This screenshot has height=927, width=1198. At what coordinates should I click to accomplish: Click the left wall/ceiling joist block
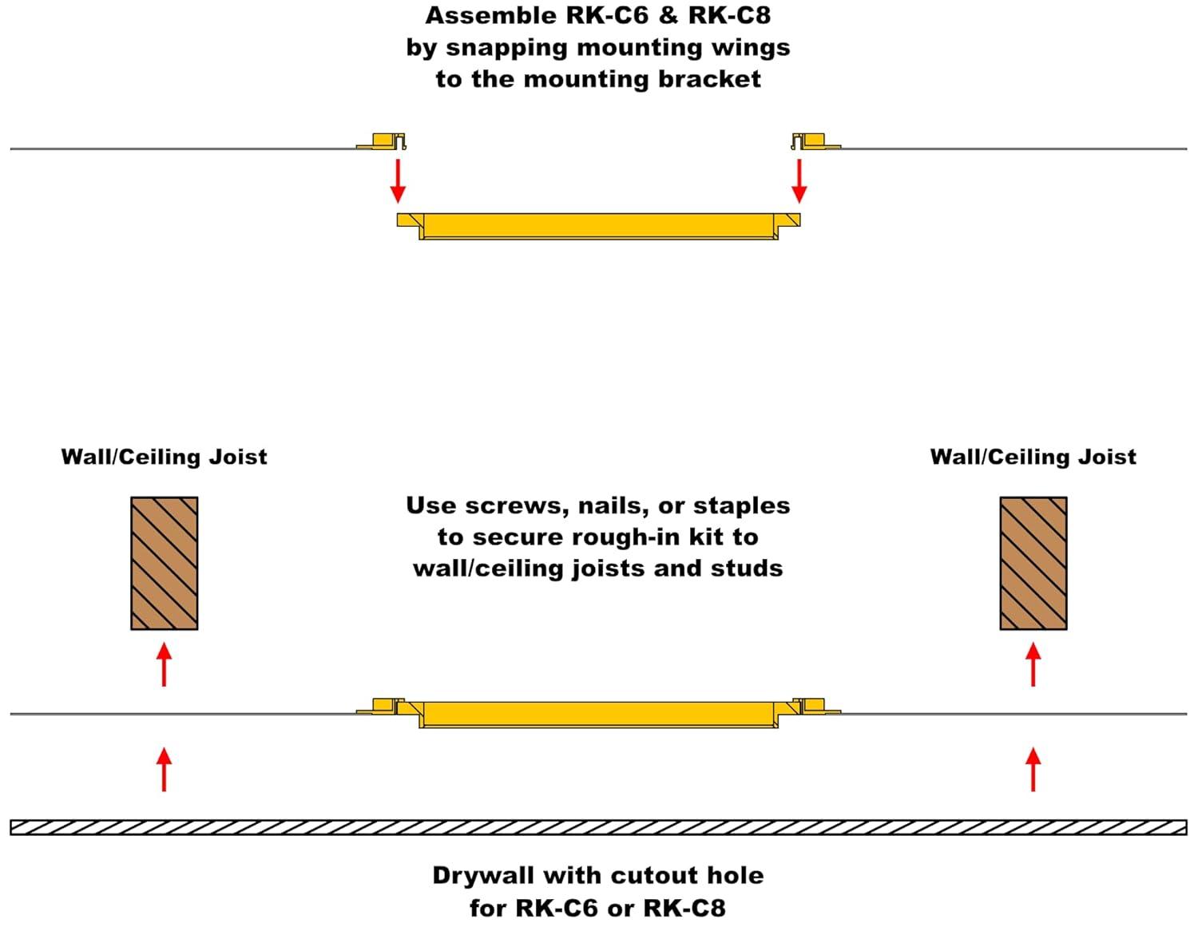[164, 563]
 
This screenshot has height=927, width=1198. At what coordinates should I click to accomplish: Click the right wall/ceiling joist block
[1033, 563]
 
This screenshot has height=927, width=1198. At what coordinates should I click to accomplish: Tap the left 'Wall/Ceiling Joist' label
[164, 457]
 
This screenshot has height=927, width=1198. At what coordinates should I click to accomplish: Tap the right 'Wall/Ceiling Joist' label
[1033, 457]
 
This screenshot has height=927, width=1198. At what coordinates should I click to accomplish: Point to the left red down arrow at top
[398, 180]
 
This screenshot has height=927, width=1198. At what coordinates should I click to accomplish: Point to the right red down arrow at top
[799, 180]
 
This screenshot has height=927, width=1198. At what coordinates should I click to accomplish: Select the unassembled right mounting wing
[814, 141]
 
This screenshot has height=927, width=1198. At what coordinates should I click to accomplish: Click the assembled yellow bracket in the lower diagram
[598, 713]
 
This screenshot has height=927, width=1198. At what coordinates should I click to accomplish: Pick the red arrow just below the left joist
[164, 664]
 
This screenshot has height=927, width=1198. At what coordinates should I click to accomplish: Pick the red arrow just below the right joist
[1033, 664]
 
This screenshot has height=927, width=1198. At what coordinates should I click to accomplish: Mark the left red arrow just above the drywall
[164, 769]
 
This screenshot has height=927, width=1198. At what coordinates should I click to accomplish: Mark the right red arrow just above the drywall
[1033, 769]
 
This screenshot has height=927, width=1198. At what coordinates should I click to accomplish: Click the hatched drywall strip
[598, 827]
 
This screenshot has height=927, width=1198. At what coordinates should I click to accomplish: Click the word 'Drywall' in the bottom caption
[483, 876]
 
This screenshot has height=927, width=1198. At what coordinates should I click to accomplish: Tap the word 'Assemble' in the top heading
[485, 16]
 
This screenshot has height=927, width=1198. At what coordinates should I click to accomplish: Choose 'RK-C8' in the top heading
[729, 16]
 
